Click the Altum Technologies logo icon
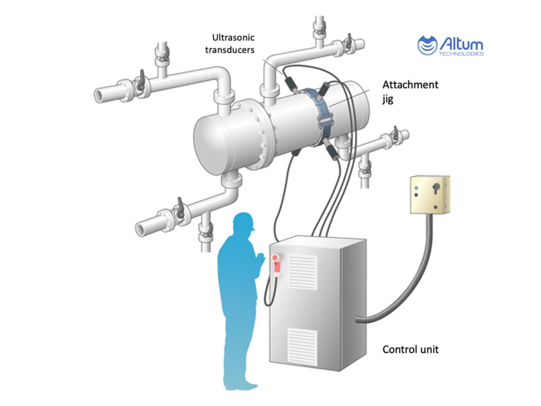427,45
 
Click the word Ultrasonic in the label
233,38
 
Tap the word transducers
230,50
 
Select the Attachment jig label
410,91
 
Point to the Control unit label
410,349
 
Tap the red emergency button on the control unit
275,258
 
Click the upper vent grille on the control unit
302,272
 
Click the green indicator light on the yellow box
417,188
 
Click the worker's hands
261,259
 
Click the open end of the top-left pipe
99,95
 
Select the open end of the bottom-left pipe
140,229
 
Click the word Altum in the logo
461,44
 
